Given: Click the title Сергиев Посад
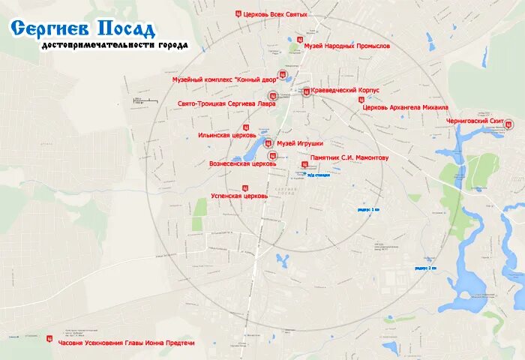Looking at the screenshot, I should pyautogui.click(x=83, y=29).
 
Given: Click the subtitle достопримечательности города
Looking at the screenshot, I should pyautogui.click(x=115, y=46).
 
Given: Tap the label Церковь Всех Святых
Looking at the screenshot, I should pyautogui.click(x=276, y=13).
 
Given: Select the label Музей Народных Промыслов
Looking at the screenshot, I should pyautogui.click(x=347, y=46).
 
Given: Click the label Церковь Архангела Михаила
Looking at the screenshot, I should pyautogui.click(x=405, y=107).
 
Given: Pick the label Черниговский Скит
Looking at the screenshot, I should pyautogui.click(x=474, y=120).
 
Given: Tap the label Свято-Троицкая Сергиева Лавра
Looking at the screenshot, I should pyautogui.click(x=226, y=103).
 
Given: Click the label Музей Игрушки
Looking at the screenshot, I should pyautogui.click(x=300, y=142).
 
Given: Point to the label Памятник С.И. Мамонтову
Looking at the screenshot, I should pyautogui.click(x=349, y=159).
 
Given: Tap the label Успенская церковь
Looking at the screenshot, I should pyautogui.click(x=238, y=196).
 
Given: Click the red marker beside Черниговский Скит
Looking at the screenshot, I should pyautogui.click(x=508, y=124).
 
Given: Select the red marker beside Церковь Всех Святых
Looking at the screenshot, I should pyautogui.click(x=238, y=13).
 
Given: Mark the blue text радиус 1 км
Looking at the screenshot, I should pyautogui.click(x=368, y=210).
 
